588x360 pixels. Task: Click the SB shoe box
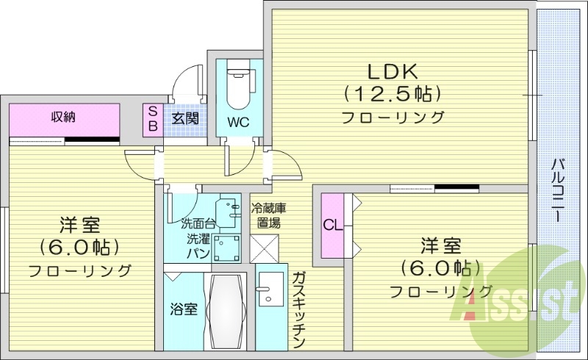click(x=153, y=119)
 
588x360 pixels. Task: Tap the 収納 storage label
click(x=64, y=117)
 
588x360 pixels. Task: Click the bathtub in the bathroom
click(x=228, y=312)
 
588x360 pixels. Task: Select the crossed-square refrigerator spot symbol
click(x=264, y=248)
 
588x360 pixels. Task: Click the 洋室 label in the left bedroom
click(x=80, y=225)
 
